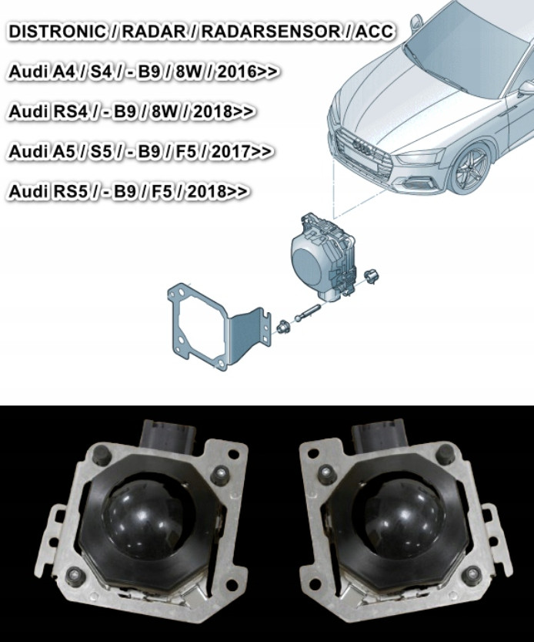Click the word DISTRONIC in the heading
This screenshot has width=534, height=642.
coord(56,32)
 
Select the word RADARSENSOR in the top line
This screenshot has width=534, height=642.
coord(269,32)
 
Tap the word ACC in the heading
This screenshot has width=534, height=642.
coord(374,32)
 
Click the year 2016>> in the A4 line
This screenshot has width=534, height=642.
coord(248,71)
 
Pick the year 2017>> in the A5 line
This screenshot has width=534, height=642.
coord(242,151)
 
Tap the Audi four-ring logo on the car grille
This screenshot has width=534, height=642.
coord(362,147)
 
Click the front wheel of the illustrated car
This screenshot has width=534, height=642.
coord(471,167)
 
